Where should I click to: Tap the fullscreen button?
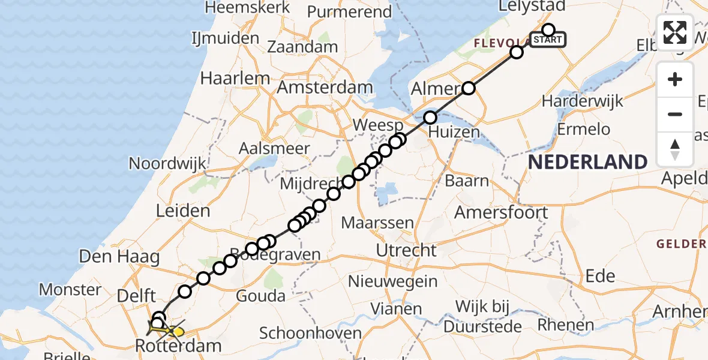coord(675,32)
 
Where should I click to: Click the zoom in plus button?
coord(675,79)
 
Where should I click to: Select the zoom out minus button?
coord(675,114)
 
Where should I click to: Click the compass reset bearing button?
coord(675,149)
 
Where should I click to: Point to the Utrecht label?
coord(406,250)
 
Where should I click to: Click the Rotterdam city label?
coord(179,346)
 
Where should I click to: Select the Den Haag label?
coord(119,257)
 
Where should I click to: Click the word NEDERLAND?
coord(588,162)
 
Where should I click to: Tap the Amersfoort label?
coord(501,212)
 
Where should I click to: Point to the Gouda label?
coord(262,296)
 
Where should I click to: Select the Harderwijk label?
coord(583,101)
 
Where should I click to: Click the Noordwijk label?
coord(167,163)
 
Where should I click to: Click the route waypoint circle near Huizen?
coord(430,118)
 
